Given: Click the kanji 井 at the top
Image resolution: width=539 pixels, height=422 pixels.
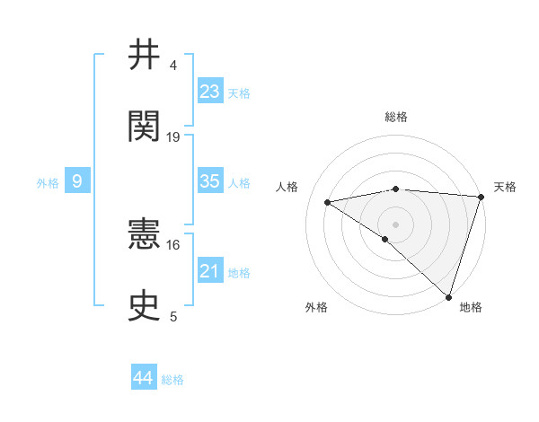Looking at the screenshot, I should coord(146,56).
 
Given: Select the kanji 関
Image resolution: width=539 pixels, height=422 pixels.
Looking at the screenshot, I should coord(146,127).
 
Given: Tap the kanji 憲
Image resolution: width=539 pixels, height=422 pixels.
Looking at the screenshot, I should coord(146,234).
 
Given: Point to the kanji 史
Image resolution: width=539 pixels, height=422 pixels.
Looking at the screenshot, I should coord(146,306).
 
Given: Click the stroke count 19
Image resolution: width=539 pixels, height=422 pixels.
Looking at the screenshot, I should coord(173,136).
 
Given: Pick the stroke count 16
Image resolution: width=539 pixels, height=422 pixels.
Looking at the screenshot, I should coord(173,244).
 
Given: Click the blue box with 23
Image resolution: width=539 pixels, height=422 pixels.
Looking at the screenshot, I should coord(210,92).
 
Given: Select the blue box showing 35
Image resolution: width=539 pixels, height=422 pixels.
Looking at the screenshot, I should coord(210,181).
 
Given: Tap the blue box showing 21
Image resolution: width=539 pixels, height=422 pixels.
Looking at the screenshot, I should coord(210,271).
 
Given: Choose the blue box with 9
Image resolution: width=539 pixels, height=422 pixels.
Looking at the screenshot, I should coord(77,181).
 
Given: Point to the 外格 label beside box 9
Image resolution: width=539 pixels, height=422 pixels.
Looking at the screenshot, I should coord(48,183).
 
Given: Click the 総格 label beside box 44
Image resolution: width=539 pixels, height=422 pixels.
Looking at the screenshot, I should coord(172,380).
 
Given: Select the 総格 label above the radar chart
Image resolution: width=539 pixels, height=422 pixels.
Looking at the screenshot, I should coord(395,117).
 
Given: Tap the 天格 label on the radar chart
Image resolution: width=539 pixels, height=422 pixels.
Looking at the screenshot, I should coord(505,187).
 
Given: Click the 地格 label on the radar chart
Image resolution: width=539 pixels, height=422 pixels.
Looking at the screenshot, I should coord(471,308).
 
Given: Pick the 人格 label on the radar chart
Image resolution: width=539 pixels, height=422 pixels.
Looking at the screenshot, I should coord(287,187).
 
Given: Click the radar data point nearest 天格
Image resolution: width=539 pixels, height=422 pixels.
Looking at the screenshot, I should coord(482,197).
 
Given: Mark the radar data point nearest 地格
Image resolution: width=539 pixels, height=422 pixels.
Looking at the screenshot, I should coord(449,297).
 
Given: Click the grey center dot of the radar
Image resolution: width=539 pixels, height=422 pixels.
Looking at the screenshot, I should coord(395,224).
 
